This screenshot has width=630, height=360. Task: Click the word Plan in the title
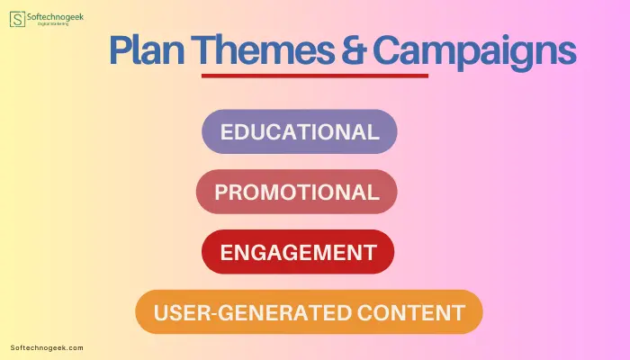tap(147, 50)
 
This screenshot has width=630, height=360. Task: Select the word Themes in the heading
tap(263, 49)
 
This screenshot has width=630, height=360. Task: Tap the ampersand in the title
tap(354, 49)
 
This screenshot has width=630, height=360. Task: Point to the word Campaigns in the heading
tap(475, 53)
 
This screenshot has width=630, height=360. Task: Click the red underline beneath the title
tap(315, 76)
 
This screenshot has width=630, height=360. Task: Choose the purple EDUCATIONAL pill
tap(300, 131)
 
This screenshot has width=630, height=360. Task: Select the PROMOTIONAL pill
tap(296, 192)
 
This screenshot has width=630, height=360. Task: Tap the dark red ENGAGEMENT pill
tap(298, 252)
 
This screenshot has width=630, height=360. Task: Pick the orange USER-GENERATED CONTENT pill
tap(309, 312)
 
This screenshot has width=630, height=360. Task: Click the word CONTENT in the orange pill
tap(411, 312)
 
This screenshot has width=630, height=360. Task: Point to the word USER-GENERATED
tap(253, 312)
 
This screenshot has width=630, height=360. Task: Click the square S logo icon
tap(17, 19)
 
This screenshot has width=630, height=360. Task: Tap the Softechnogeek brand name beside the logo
tap(56, 17)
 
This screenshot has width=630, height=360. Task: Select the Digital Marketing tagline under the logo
tap(53, 24)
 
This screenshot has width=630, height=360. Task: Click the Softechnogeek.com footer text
tap(47, 348)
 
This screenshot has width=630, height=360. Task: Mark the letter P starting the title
tap(120, 50)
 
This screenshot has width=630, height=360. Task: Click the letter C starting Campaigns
tap(386, 50)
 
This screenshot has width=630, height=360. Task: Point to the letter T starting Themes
tap(202, 50)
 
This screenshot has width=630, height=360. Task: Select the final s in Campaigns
tap(568, 54)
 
